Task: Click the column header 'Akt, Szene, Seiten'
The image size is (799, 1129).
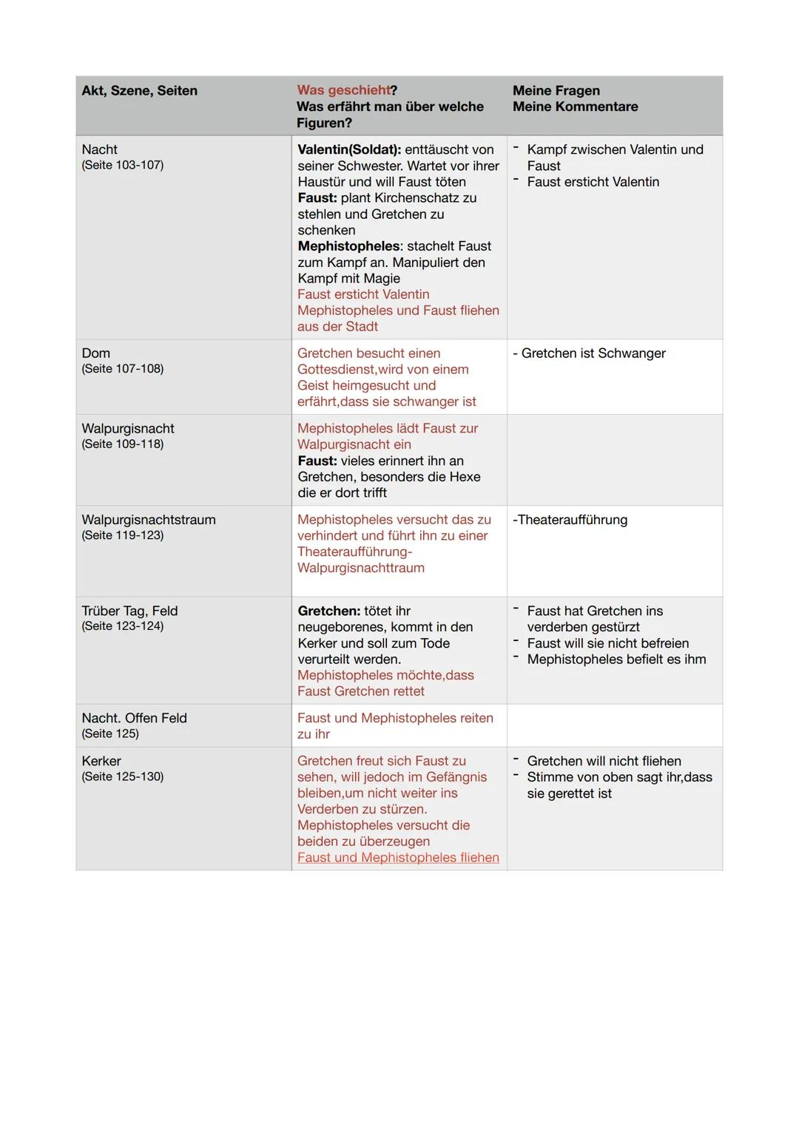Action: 139,91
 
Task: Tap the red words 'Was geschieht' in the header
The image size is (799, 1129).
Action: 343,90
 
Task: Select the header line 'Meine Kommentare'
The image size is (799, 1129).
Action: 575,106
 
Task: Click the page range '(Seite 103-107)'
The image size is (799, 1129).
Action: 122,165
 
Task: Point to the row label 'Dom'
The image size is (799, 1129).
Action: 95,353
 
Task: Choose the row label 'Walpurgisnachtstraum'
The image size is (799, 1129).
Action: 148,520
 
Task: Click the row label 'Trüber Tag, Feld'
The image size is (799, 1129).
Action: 129,611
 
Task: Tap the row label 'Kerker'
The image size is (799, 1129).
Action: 101,761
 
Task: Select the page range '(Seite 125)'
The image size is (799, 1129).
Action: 110,733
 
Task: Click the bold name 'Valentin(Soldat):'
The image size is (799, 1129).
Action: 349,149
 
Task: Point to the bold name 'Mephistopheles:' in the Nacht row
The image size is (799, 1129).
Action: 350,246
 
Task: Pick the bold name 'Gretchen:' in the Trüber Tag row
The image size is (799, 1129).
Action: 328,611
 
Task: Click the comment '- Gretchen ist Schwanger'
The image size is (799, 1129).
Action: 589,353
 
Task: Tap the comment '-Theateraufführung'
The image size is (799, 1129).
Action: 570,520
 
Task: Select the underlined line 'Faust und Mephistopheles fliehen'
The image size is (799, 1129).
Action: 398,858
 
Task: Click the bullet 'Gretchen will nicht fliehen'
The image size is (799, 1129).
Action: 604,761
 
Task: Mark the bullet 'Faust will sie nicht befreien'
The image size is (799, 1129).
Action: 607,643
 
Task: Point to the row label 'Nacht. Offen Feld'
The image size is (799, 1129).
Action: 134,718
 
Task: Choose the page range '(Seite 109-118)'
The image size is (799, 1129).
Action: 122,444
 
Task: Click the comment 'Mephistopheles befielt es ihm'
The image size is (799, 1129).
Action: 616,660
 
